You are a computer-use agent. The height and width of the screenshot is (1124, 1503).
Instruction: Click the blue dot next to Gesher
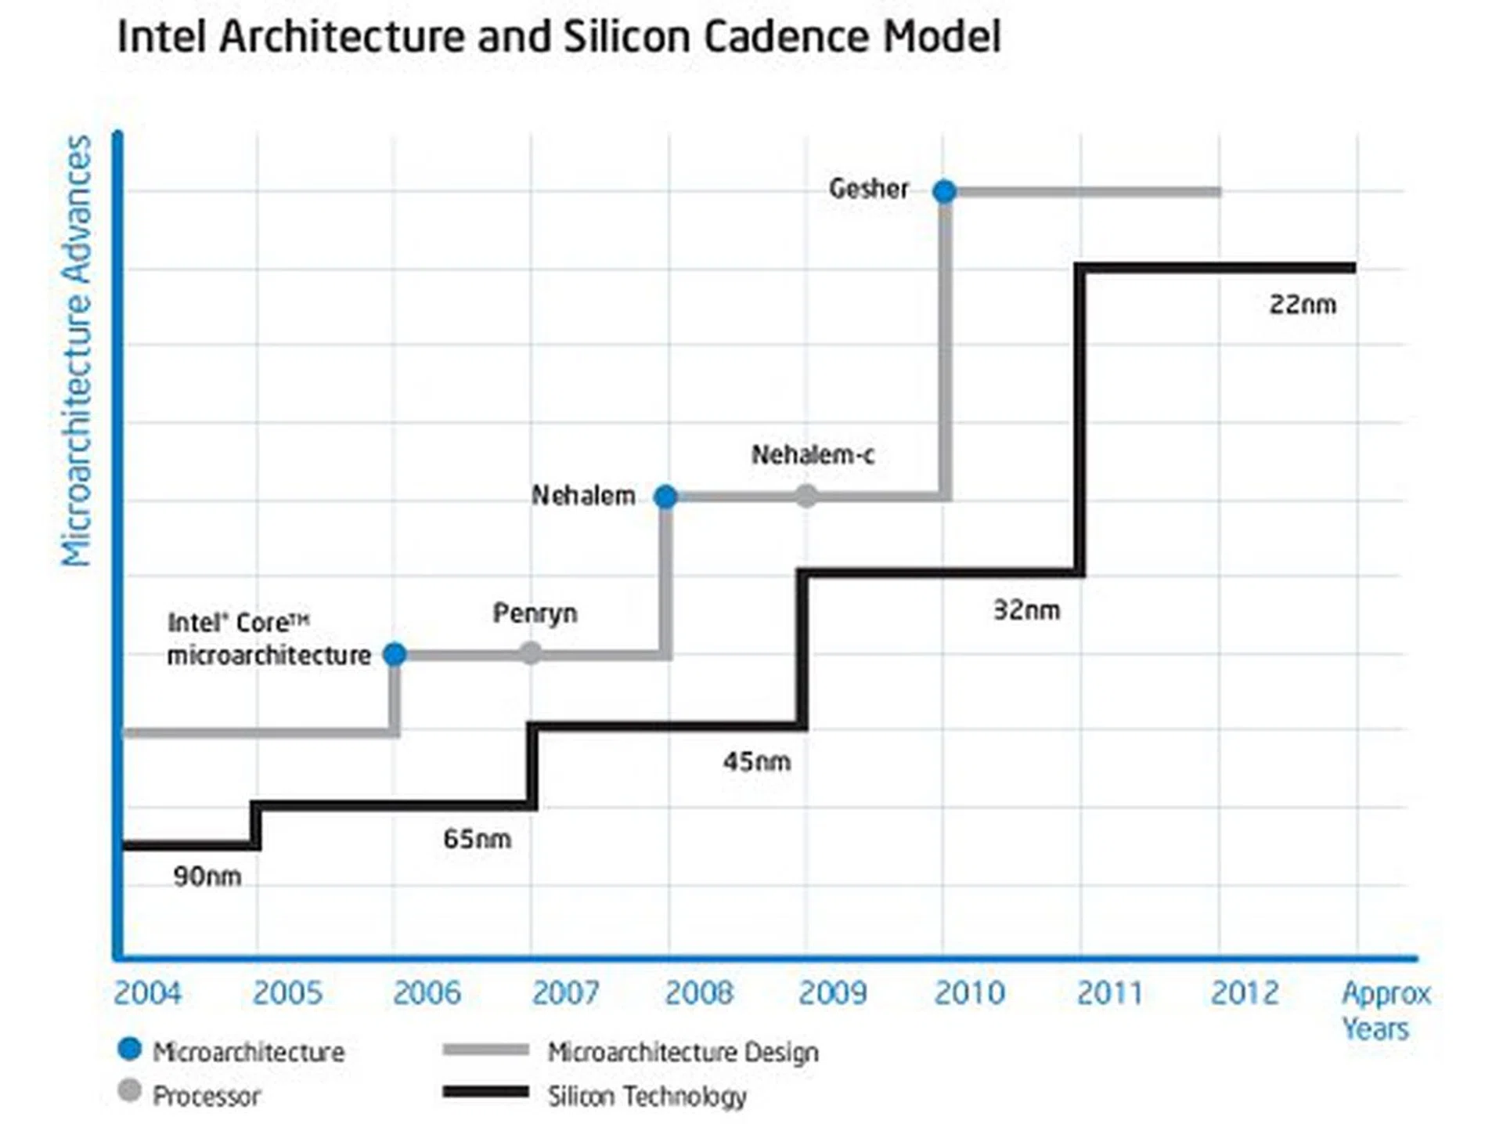click(944, 191)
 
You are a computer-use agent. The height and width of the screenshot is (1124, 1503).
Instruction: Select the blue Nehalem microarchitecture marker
click(665, 497)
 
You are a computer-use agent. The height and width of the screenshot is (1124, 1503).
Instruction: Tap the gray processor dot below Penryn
click(531, 652)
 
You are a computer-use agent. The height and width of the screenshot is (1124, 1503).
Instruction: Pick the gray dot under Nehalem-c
click(806, 496)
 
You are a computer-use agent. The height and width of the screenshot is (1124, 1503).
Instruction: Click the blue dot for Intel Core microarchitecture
click(395, 654)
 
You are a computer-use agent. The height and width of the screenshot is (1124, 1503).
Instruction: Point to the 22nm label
click(1303, 305)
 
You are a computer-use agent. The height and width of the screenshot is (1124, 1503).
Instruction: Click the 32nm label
click(1026, 610)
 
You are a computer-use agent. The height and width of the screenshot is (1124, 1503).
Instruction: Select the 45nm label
click(756, 761)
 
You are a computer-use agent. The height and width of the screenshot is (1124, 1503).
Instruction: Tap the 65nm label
click(477, 839)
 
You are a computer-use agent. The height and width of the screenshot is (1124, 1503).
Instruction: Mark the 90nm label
click(207, 876)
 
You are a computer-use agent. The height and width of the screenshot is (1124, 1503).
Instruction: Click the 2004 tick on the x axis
click(147, 993)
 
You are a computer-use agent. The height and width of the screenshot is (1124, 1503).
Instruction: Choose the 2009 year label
click(832, 993)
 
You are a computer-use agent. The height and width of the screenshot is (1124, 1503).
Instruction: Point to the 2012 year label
click(1244, 993)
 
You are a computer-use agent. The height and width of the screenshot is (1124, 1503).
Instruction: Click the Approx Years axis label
click(1384, 1010)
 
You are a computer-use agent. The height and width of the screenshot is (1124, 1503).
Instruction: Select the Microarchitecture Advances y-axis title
click(77, 350)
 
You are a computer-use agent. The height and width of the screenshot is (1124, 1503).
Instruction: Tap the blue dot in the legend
click(129, 1049)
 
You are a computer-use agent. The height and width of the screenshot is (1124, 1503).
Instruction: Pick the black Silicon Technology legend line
click(485, 1092)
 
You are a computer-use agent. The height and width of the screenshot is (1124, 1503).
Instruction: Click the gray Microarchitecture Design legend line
click(485, 1050)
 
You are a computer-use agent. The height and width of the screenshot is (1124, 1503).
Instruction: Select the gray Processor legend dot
click(129, 1091)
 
